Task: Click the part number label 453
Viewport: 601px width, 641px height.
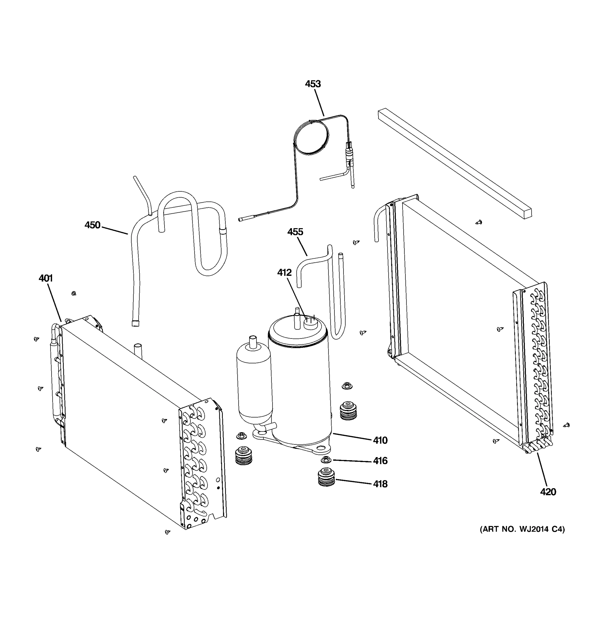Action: [313, 84]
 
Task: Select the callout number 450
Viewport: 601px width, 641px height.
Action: [92, 225]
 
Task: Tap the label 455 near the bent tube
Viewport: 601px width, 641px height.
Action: [295, 232]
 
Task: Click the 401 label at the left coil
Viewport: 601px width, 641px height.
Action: [45, 278]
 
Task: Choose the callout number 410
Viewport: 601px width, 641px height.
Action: [380, 440]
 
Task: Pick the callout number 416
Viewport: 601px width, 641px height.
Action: [380, 461]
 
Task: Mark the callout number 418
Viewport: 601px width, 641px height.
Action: [380, 484]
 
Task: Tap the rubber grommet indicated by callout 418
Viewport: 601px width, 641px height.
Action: [326, 478]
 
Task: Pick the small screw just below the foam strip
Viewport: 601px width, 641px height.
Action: [479, 222]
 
